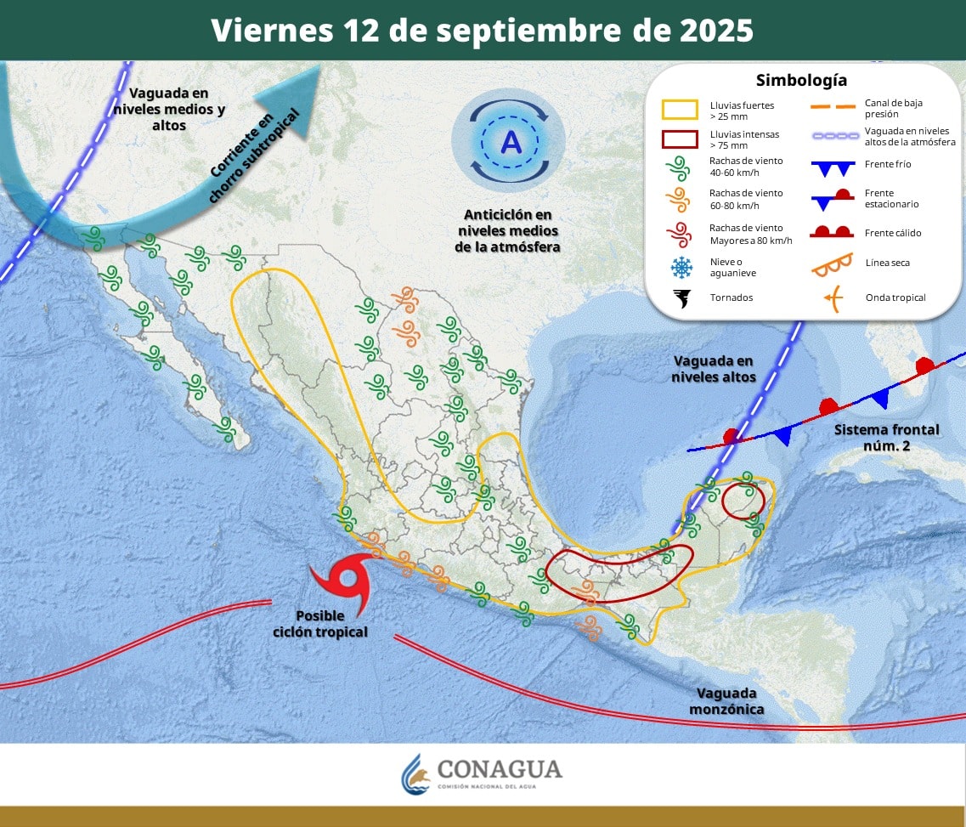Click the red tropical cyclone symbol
tap(345, 581)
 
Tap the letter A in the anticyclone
tap(511, 141)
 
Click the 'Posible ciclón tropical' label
tap(320, 624)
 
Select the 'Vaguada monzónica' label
tap(726, 700)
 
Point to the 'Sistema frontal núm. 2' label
tap(886, 437)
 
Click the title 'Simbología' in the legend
tap(801, 81)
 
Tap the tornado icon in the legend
tap(681, 297)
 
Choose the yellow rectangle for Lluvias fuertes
tap(680, 109)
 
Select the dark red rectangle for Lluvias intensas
tap(680, 139)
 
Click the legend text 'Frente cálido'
tap(893, 233)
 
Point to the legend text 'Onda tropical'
tap(895, 297)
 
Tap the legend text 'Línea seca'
tap(887, 263)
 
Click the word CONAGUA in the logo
tap(500, 769)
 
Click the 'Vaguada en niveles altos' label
tap(712, 369)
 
